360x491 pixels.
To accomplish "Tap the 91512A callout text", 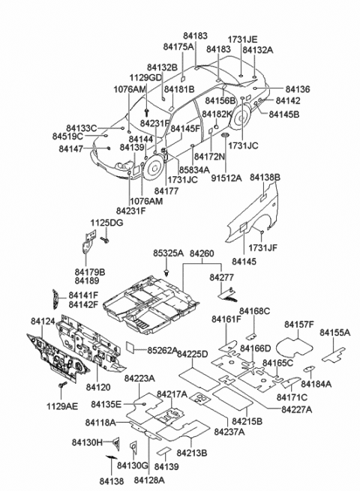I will point(226,178).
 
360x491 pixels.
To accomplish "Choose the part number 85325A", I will point(168,254).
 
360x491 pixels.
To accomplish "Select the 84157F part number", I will point(300,324).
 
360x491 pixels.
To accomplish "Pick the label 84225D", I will point(192,354).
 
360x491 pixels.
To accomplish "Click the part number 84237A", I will point(229,432).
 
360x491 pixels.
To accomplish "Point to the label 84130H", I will point(89,443).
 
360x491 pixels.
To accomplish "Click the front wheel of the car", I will point(153,169).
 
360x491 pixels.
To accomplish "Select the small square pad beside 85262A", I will point(130,348).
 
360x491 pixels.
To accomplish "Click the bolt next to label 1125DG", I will point(103,241).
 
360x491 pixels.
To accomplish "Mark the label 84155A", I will point(334,331).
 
